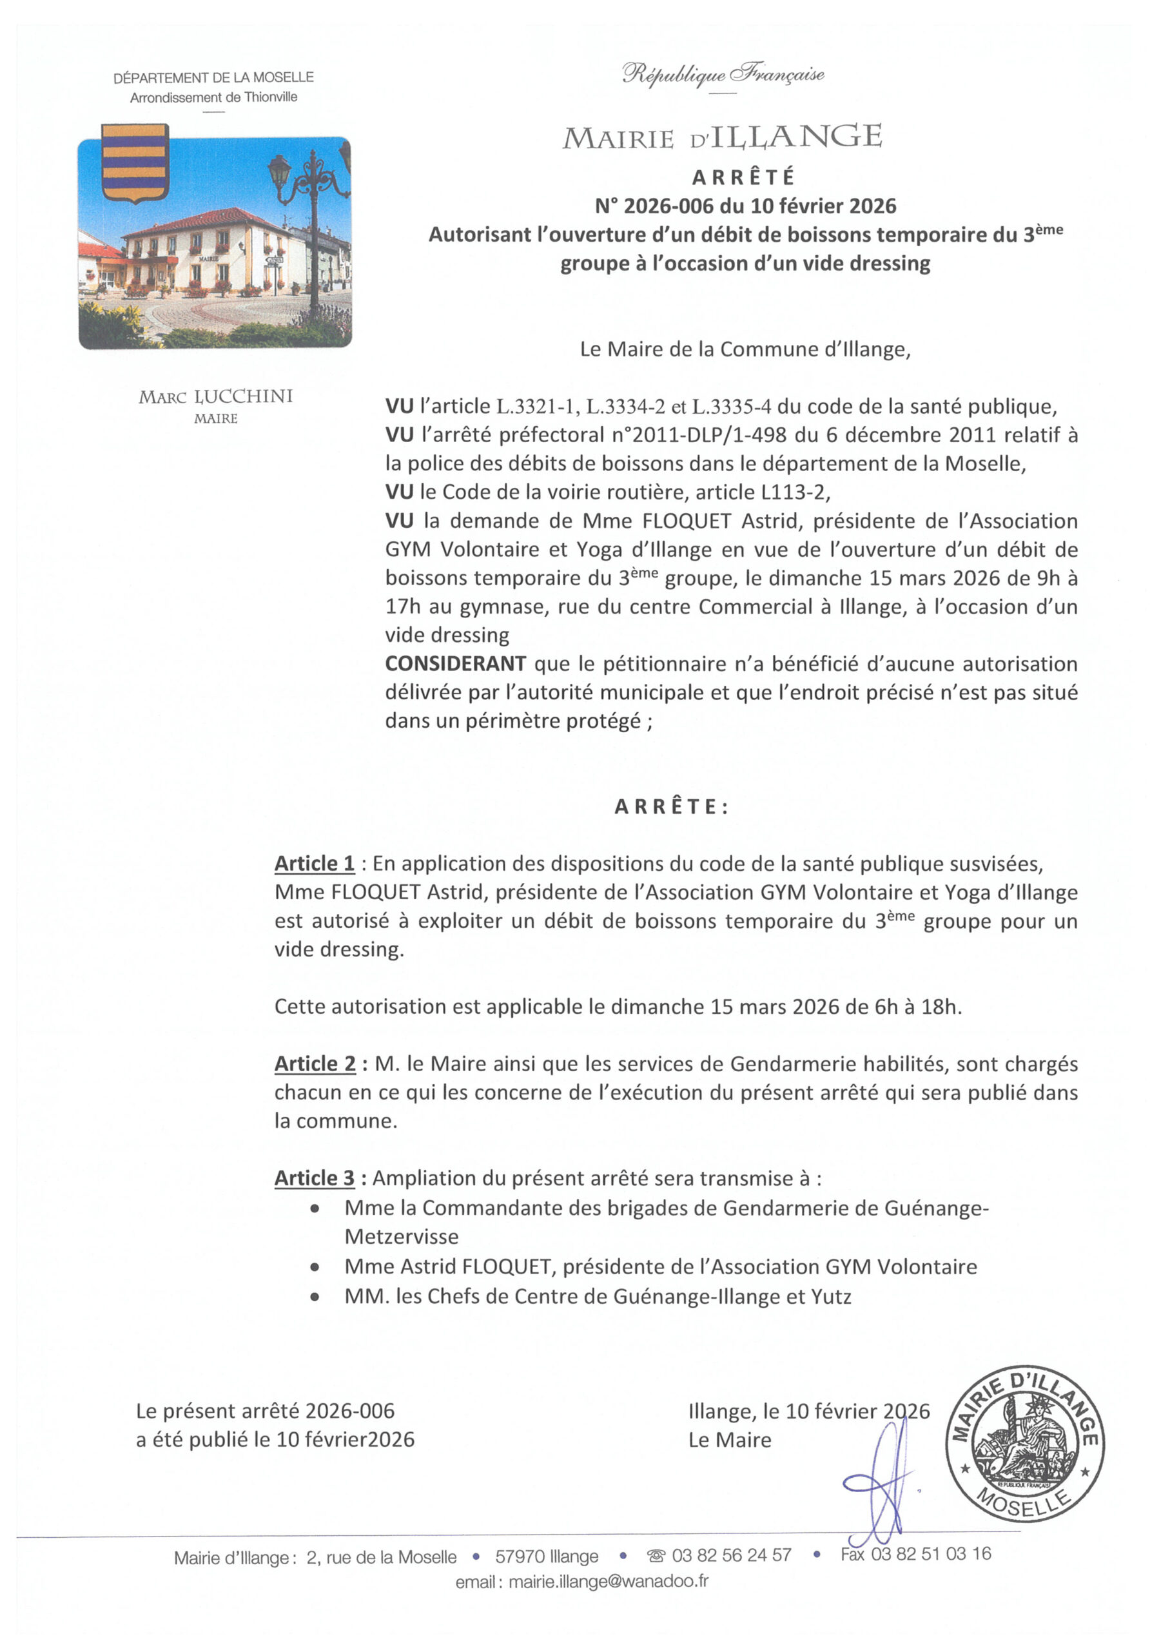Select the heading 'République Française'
(723, 74)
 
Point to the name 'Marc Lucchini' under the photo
(215, 396)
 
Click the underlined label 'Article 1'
(315, 864)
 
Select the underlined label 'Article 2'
(315, 1063)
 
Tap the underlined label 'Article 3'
(315, 1178)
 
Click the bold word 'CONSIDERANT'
(455, 664)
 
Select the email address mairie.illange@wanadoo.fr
(608, 1582)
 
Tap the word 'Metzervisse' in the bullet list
(402, 1237)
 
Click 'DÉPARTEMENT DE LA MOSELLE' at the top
(213, 78)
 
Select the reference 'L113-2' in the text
(795, 492)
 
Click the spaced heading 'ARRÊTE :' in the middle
(672, 808)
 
